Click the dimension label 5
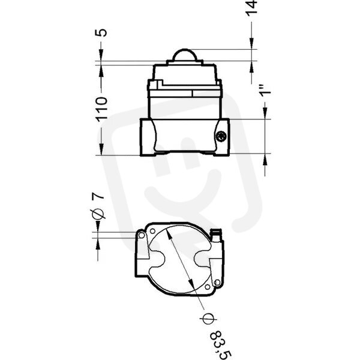point(101,32)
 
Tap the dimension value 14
point(251,8)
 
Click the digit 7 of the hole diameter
point(98,196)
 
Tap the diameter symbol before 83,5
point(208,319)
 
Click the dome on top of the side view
point(185,55)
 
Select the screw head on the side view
point(221,137)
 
